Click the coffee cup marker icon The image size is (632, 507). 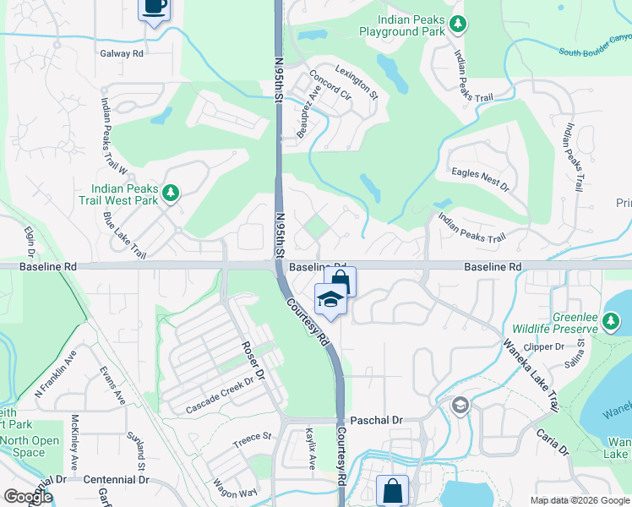click(154, 7)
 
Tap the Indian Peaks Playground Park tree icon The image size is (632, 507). click(457, 25)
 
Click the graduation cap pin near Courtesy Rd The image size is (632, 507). click(329, 299)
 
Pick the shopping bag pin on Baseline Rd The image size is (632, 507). click(340, 281)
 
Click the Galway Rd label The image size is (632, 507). click(123, 53)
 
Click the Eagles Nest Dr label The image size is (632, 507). click(481, 178)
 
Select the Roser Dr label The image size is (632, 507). click(254, 358)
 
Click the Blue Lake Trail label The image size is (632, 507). click(125, 236)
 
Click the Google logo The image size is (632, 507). click(27, 497)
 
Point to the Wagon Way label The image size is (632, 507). click(236, 493)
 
